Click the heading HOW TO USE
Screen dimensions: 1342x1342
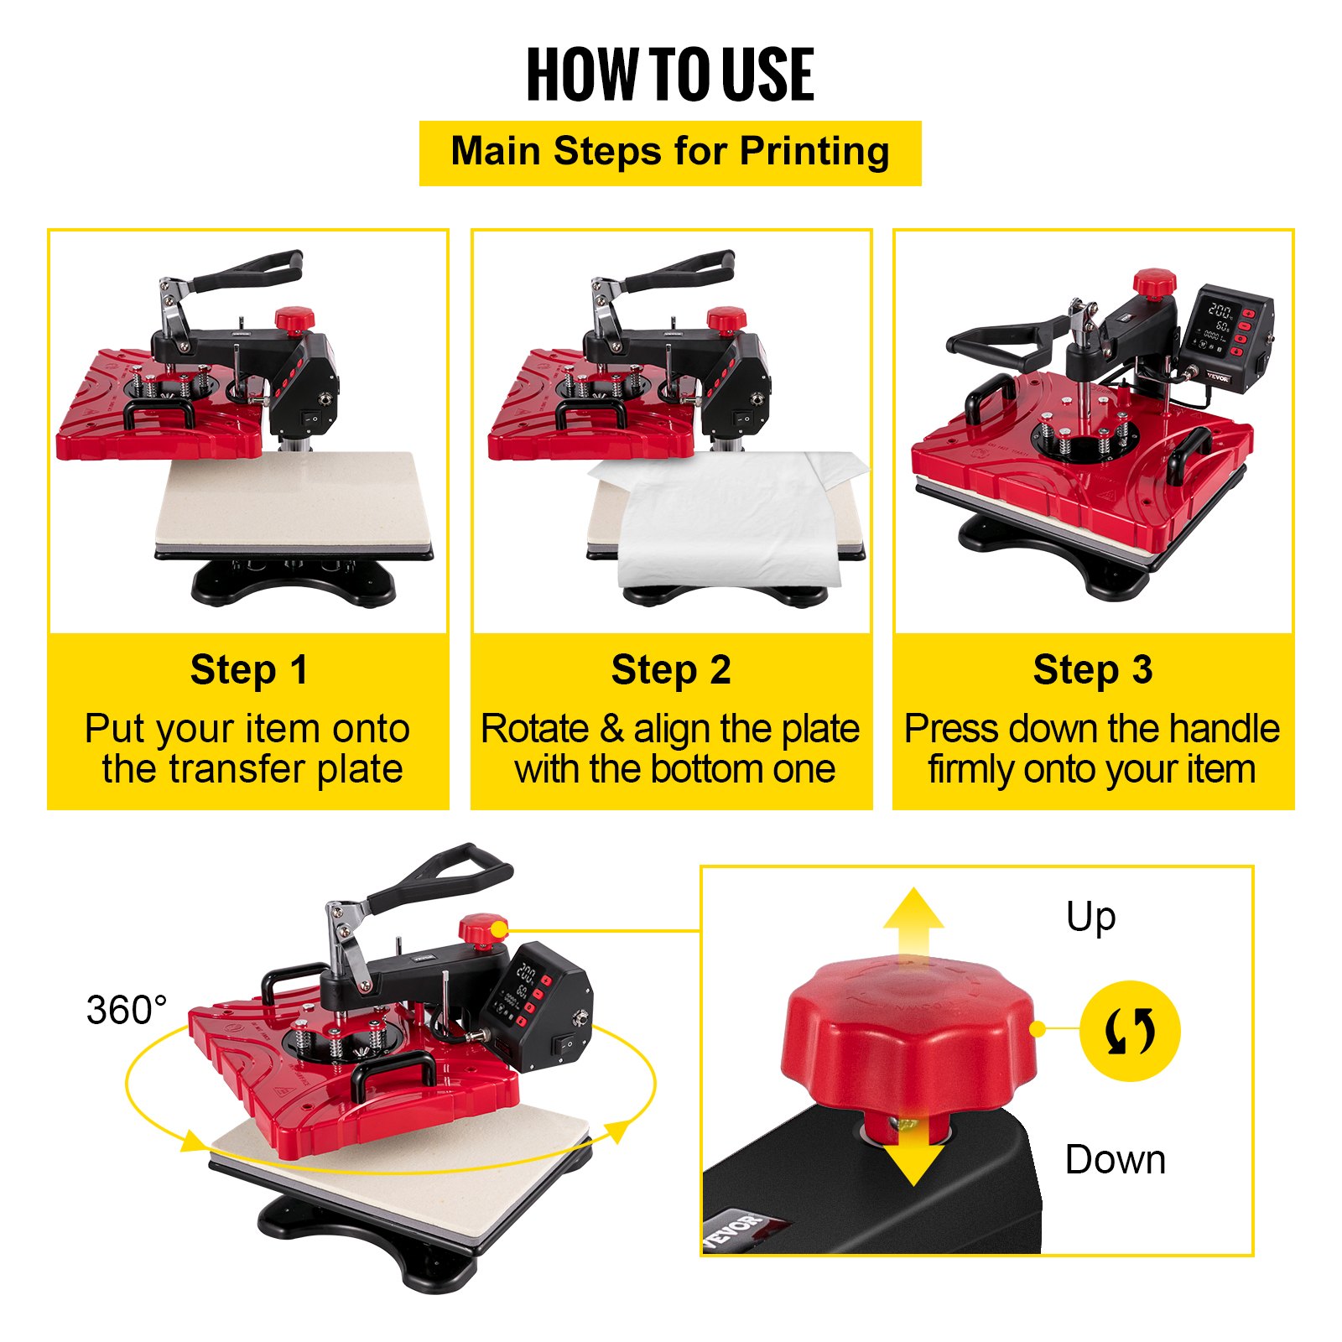[x=669, y=75]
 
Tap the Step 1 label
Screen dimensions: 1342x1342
[x=249, y=670]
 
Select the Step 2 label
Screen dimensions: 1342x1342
[x=671, y=670]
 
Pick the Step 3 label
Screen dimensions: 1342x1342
[x=1092, y=670]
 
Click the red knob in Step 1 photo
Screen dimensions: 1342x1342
[x=294, y=319]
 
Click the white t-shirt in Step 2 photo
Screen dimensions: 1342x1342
[x=730, y=520]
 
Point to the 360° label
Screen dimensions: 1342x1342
[x=126, y=1010]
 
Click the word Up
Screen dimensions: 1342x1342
[x=1090, y=917]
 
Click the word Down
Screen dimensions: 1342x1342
[x=1115, y=1160]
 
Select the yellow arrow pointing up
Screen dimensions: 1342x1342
[x=913, y=923]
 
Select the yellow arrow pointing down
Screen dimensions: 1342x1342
[x=913, y=1157]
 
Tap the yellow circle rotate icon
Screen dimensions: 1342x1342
[x=1130, y=1031]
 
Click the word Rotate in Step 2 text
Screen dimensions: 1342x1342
[x=534, y=728]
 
